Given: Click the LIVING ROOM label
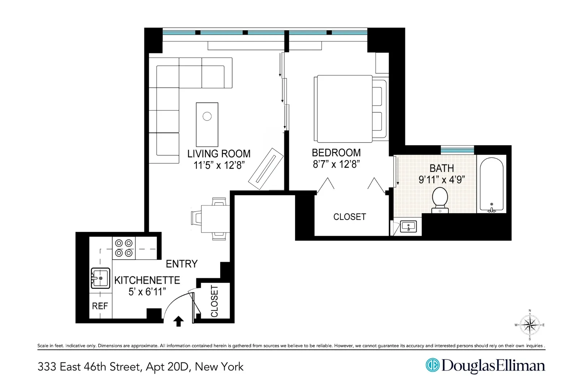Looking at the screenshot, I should click(x=219, y=154).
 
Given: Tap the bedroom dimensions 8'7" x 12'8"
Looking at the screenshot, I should click(x=336, y=164).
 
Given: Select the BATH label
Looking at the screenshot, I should click(x=442, y=168).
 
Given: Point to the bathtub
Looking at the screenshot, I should click(x=491, y=184).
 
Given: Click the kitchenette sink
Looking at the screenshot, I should click(x=100, y=278).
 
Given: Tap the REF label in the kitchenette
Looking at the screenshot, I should click(x=100, y=306).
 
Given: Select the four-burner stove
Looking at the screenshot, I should click(x=123, y=248).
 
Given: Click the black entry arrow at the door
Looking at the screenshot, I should click(x=178, y=321).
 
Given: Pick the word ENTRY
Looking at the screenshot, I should click(x=182, y=264).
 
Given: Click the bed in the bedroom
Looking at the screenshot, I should click(x=343, y=109).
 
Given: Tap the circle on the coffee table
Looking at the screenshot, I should click(x=207, y=116).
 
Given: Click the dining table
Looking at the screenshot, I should click(x=215, y=219).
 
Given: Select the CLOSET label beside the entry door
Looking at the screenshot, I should click(x=214, y=301).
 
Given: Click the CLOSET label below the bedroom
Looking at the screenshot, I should click(x=350, y=217).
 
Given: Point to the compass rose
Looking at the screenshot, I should click(x=530, y=325).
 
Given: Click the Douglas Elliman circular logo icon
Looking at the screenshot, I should click(x=432, y=365).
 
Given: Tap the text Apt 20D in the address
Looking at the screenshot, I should click(x=167, y=367).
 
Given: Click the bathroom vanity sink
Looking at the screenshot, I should click(x=408, y=227).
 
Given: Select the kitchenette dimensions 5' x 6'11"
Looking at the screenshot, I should click(x=147, y=292).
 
